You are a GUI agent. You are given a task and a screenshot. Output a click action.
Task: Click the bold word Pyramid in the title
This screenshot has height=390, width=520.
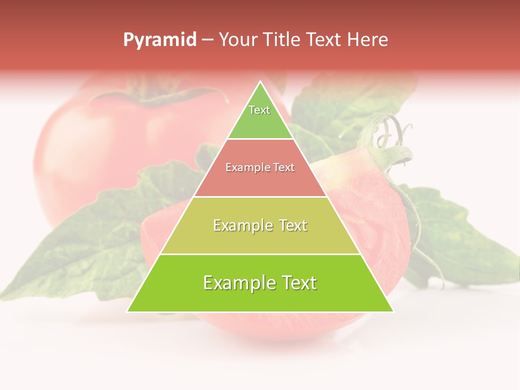(159, 40)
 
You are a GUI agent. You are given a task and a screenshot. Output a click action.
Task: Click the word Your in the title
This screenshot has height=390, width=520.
(237, 40)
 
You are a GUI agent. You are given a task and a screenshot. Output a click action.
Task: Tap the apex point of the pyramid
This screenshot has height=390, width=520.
(261, 82)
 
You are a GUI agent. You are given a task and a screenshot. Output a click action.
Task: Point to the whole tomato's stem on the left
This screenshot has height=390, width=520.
(154, 97)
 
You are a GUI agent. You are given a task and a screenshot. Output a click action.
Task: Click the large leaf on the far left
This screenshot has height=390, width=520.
(81, 244)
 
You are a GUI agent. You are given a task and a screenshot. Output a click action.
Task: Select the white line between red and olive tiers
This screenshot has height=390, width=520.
(260, 197)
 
